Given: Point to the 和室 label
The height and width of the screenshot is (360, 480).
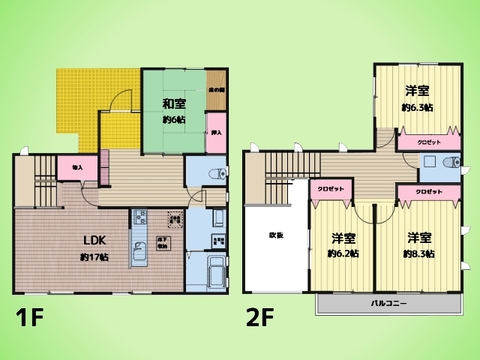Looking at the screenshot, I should point(174,103).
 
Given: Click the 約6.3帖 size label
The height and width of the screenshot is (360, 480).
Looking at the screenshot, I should point(417,107).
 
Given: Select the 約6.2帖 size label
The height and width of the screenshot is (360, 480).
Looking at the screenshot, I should point(343,253).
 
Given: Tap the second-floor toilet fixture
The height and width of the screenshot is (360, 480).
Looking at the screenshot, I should point(456,162).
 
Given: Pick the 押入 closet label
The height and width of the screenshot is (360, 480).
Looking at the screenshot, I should point(216,132).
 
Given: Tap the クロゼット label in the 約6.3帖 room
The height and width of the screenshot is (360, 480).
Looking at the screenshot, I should point(424,142).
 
